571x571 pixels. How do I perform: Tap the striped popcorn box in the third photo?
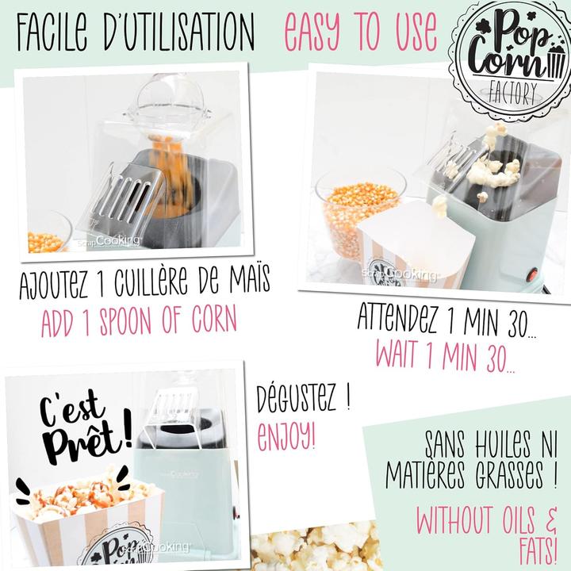tap(87, 527)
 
